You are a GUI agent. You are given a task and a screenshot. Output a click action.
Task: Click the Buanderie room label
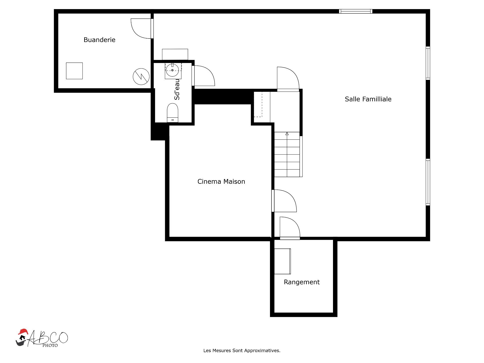point(99,40)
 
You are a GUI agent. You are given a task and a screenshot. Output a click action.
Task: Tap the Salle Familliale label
point(368,99)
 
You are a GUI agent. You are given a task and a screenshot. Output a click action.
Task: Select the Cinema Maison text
point(221,181)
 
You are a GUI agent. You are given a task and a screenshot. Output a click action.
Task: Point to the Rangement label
point(302,282)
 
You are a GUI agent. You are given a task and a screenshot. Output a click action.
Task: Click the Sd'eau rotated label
point(177,89)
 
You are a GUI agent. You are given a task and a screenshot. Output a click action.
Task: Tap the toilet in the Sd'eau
point(172,113)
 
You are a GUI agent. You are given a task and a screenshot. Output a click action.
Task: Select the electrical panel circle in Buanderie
point(141,77)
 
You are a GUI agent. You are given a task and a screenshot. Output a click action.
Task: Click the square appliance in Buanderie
point(74,71)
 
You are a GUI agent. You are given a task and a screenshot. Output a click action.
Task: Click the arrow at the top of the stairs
point(287,134)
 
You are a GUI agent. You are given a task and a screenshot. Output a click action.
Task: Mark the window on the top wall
point(356,11)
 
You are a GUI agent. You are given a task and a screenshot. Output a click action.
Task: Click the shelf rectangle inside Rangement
point(282,261)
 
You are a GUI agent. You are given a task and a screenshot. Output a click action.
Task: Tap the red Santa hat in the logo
point(23,331)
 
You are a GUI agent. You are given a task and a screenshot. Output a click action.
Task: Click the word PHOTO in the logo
point(50,346)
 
